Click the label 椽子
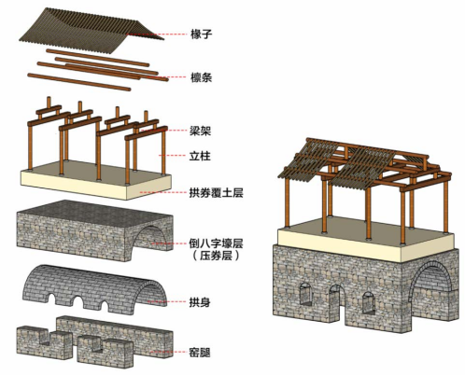pos(201,34)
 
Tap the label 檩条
pos(201,77)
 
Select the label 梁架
pos(201,131)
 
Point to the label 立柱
pos(200,156)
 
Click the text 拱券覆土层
pos(216,193)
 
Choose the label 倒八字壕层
pos(216,243)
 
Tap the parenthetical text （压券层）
pos(216,256)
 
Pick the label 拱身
pos(200,302)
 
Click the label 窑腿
pos(200,353)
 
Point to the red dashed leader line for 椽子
pos(157,34)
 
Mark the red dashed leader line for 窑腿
pos(169,353)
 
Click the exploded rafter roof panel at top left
pos(91,27)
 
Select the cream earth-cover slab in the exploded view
pos(96,180)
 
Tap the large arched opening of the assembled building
pos(431,289)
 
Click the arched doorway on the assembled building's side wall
pos(338,305)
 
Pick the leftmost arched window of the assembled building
pos(305,294)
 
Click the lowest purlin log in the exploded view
pos(79,82)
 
